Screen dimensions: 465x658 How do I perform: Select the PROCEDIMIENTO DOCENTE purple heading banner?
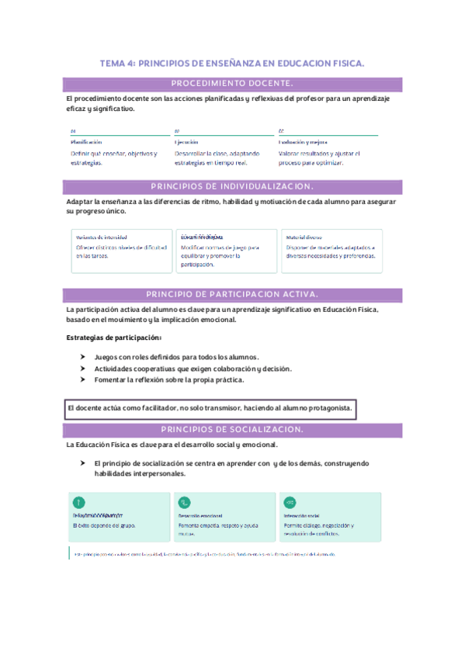[x=232, y=84]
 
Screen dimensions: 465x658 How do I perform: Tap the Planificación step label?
[x=86, y=142]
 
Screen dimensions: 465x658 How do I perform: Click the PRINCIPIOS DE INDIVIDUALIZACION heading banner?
[x=232, y=186]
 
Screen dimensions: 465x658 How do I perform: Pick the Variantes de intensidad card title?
[x=101, y=237]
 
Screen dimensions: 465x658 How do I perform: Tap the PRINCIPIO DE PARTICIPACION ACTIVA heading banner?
[x=232, y=293]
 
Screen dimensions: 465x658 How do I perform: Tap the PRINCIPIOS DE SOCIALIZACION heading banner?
[x=232, y=429]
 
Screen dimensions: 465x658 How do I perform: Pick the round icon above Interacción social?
[x=290, y=501]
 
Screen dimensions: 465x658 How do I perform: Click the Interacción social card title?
[x=302, y=515]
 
